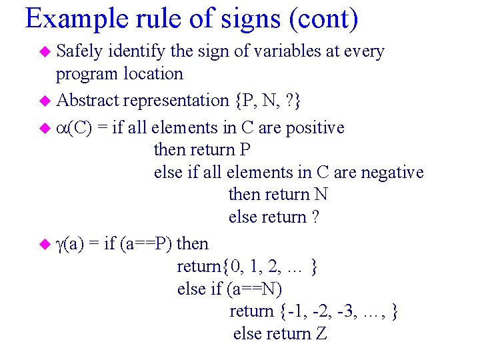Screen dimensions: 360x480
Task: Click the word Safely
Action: pyautogui.click(x=80, y=51)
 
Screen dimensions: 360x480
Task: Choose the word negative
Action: pyautogui.click(x=391, y=173)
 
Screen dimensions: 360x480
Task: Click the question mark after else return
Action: pyautogui.click(x=315, y=217)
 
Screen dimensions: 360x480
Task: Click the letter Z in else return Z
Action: pyautogui.click(x=321, y=333)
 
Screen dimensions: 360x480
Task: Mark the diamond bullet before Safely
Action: pyautogui.click(x=45, y=52)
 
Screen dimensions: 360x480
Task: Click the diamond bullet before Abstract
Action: pyautogui.click(x=45, y=101)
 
